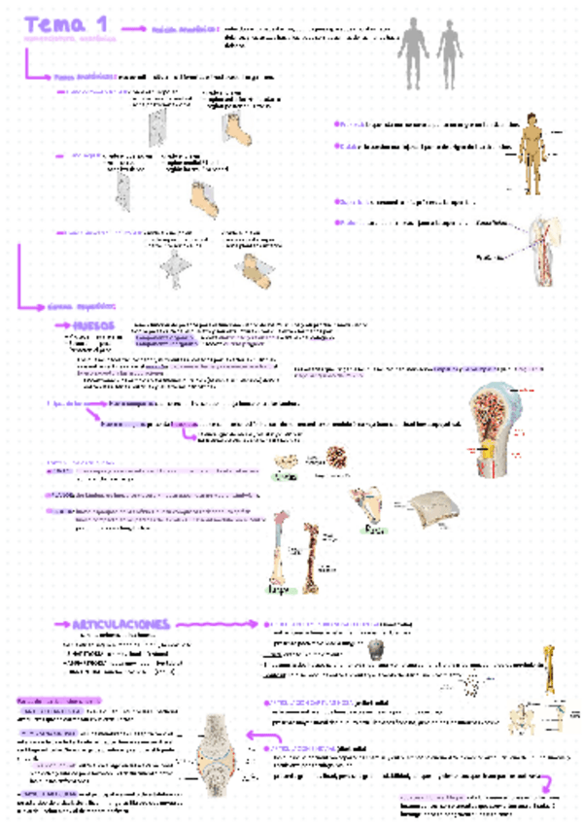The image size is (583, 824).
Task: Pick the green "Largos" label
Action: [x=277, y=589]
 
